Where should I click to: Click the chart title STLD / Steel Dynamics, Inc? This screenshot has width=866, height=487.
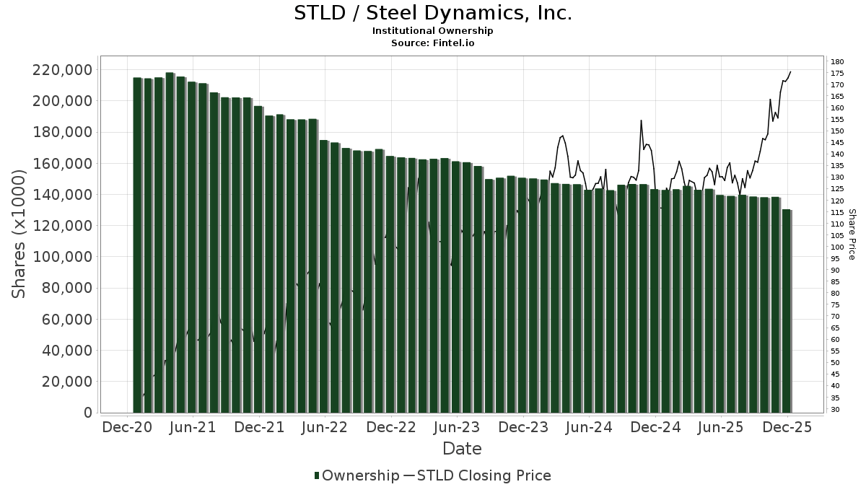tap(433, 13)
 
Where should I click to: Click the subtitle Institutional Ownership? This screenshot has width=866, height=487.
tap(433, 31)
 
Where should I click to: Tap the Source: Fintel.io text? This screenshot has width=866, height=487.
tap(433, 43)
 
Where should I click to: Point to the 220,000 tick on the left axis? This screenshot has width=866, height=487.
tap(63, 70)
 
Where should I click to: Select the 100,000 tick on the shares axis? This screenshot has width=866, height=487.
tap(63, 257)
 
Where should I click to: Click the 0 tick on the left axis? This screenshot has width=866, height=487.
tap(88, 413)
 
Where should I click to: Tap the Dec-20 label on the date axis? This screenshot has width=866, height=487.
tap(126, 427)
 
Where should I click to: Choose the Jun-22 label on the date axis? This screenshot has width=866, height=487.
tap(325, 427)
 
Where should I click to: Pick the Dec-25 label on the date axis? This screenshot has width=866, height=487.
tap(787, 427)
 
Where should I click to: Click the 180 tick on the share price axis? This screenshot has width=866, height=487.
tap(837, 61)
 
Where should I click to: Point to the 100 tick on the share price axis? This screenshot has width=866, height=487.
tap(837, 247)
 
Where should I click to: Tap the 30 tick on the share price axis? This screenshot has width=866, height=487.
tap(836, 409)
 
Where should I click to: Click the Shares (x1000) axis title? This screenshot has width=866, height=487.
tap(19, 234)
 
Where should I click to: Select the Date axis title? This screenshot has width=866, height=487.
tap(462, 449)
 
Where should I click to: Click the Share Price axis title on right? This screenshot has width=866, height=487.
tap(852, 234)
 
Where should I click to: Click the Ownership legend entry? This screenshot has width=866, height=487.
tap(357, 475)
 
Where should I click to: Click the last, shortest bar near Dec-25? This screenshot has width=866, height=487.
tap(786, 310)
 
